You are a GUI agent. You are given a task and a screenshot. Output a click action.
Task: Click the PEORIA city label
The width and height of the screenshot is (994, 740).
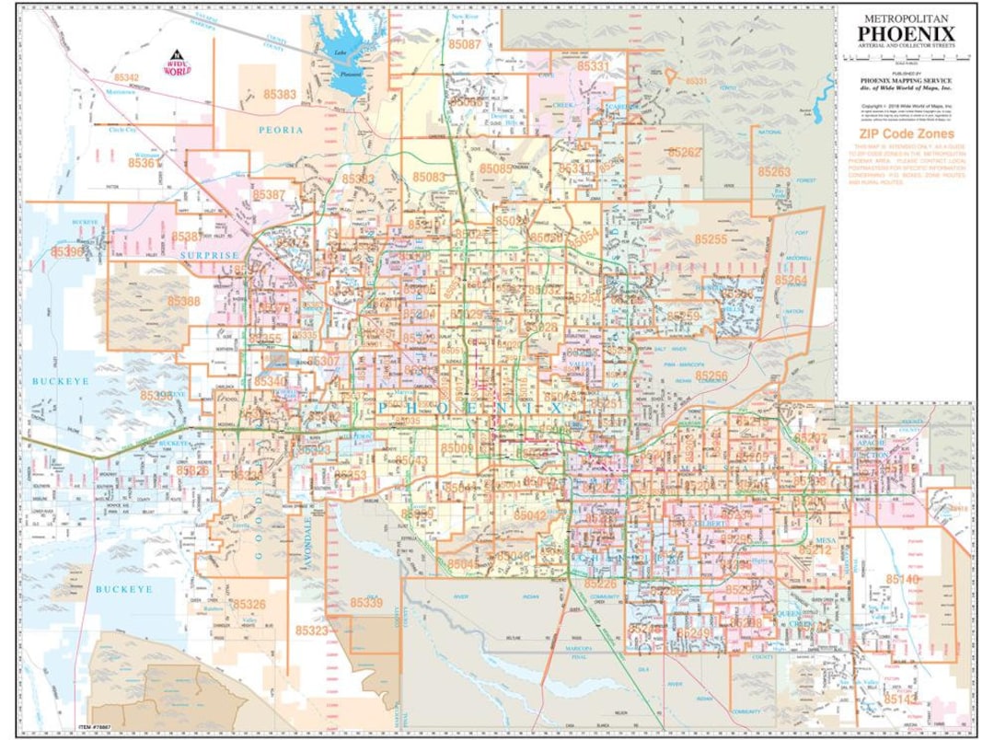pos(281,130)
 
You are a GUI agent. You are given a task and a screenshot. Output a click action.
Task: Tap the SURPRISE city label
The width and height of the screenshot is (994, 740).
pos(209,254)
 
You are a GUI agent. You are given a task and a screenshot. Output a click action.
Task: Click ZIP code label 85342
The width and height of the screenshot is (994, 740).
pos(127,78)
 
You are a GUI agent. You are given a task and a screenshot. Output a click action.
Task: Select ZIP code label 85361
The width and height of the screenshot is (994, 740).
pos(145,163)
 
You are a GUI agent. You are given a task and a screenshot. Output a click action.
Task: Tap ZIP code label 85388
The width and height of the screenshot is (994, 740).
pos(183,300)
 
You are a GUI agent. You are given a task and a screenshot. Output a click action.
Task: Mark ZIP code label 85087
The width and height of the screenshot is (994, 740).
pos(465,44)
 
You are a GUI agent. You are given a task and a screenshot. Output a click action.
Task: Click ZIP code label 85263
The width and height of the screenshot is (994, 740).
pos(774,172)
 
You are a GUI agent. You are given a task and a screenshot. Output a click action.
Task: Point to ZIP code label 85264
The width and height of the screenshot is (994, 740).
pos(791,279)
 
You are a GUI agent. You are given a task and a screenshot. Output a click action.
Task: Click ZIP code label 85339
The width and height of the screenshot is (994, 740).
pos(365,602)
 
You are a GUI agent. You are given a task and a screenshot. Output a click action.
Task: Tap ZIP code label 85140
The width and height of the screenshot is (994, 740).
pos(902,579)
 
